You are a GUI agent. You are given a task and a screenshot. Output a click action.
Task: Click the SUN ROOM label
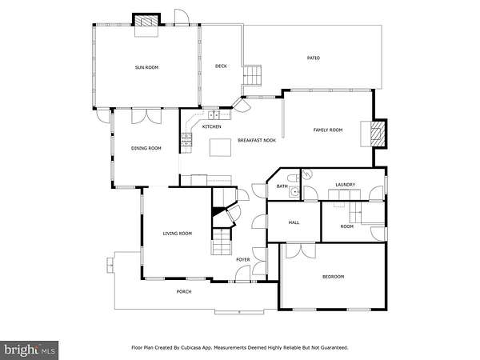(146, 67)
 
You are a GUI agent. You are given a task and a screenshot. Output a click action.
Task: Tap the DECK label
(221, 66)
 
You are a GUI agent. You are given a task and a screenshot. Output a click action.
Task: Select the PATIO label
(314, 58)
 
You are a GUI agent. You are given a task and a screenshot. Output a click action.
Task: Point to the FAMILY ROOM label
(328, 130)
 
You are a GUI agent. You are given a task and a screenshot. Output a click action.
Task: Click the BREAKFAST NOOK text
(257, 140)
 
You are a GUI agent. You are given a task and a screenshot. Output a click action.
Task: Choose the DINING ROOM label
(146, 148)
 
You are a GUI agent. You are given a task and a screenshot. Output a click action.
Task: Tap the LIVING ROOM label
(178, 234)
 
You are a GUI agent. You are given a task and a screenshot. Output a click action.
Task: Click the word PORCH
(184, 292)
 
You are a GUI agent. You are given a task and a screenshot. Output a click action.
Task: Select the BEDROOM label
(333, 277)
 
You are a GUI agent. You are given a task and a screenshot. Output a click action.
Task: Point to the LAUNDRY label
(346, 185)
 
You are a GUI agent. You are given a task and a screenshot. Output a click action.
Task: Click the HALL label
(294, 222)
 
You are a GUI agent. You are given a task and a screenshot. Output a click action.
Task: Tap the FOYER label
(242, 259)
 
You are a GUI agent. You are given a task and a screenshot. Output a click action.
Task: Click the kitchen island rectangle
(220, 147)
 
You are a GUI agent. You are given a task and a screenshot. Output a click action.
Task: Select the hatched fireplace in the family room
(377, 134)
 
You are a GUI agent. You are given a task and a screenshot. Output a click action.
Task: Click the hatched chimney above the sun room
(146, 21)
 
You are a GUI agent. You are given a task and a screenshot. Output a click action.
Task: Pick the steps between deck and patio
(252, 75)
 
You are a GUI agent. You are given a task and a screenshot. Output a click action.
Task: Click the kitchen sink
(214, 115)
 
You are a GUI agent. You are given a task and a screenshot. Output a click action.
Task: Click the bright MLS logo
(30, 350)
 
